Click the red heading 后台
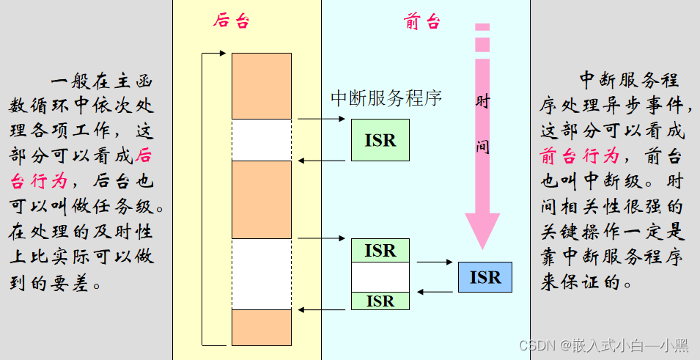point(231,21)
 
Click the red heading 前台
point(422,21)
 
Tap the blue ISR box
point(485,278)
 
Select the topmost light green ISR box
point(380,140)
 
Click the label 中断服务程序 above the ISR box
point(386,98)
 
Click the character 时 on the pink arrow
point(482,102)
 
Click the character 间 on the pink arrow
point(482,147)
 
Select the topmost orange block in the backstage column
point(261,86)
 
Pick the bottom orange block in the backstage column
point(261,327)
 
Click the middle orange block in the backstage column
point(261,199)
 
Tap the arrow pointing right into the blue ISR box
point(435,262)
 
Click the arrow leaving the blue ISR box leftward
point(435,292)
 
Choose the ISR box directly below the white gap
point(380,301)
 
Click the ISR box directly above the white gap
point(380,251)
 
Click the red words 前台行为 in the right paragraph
point(580,156)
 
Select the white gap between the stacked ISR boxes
point(380,276)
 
